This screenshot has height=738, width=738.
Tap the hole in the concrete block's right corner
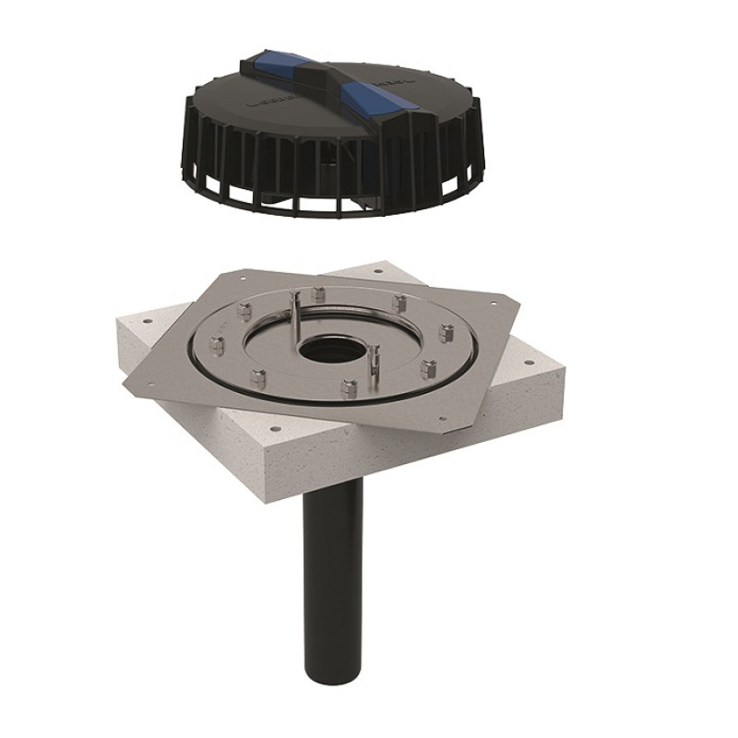click(532, 363)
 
